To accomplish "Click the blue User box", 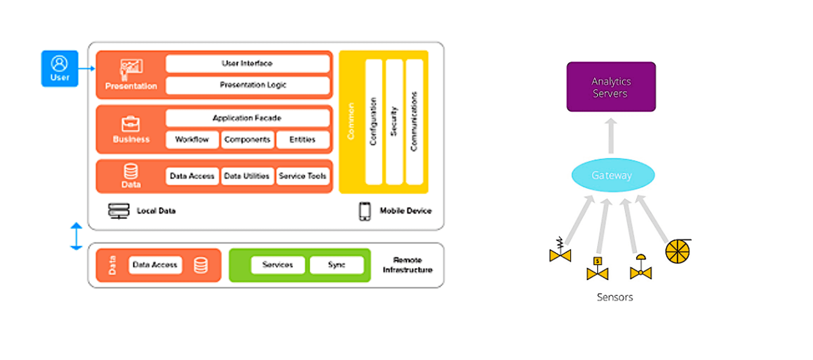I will pyautogui.click(x=60, y=69).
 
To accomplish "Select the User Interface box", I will pyautogui.click(x=247, y=64).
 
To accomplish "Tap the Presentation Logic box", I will pyautogui.click(x=247, y=85).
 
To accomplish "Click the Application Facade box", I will pyautogui.click(x=247, y=118).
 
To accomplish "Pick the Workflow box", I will pyautogui.click(x=192, y=140).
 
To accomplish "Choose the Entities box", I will pyautogui.click(x=302, y=140).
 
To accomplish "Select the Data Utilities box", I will pyautogui.click(x=247, y=176).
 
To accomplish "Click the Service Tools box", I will pyautogui.click(x=302, y=176).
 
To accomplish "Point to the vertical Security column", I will pyautogui.click(x=394, y=122).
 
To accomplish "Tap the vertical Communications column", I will pyautogui.click(x=414, y=122).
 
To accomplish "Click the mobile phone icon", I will pyautogui.click(x=365, y=211).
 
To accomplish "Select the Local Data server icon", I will pyautogui.click(x=119, y=211).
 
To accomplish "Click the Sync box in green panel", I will pyautogui.click(x=337, y=265).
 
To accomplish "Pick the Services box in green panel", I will pyautogui.click(x=277, y=265).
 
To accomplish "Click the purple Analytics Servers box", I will pyautogui.click(x=611, y=87).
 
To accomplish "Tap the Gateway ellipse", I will pyautogui.click(x=613, y=175).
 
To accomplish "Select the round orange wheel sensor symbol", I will pyautogui.click(x=678, y=252).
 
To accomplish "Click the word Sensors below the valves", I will pyautogui.click(x=615, y=297).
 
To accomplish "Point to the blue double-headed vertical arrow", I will pyautogui.click(x=76, y=236).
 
